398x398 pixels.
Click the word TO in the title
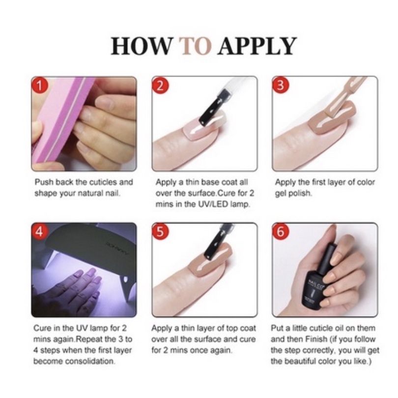[x=196, y=46]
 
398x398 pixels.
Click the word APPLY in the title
[x=257, y=46]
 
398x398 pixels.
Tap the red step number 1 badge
[x=41, y=86]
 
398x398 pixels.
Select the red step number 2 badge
[x=161, y=86]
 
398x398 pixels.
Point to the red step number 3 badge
[x=281, y=86]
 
